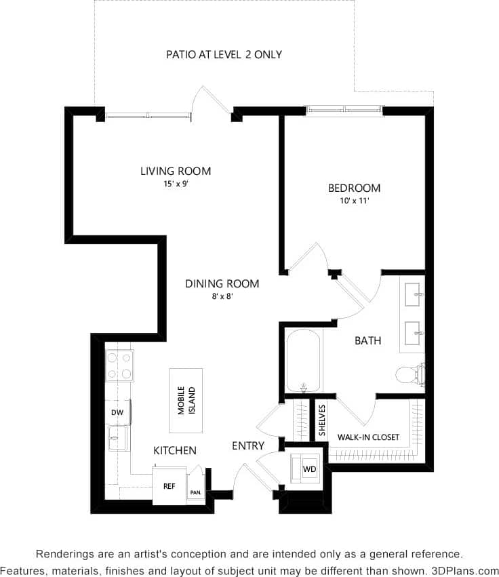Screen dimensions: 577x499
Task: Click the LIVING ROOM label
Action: pos(176,171)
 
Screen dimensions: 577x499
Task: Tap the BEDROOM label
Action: pos(354,188)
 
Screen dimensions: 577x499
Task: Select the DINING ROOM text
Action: pos(222,283)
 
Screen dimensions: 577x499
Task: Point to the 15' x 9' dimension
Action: pos(176,183)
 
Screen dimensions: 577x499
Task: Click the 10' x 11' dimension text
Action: pos(354,200)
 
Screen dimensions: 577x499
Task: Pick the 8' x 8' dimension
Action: pos(222,296)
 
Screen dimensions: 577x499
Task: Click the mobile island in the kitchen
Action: pos(186,401)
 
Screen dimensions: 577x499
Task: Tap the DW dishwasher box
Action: pos(117,412)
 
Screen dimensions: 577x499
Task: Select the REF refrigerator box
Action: pos(169,486)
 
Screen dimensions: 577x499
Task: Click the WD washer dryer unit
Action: pos(309,469)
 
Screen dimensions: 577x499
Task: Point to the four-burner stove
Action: pos(119,365)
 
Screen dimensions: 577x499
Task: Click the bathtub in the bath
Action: pos(302,361)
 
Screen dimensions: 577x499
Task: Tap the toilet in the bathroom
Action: pos(410,374)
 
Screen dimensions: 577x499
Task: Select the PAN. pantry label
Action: pos(195,492)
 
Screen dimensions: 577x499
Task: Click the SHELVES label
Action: pos(322,420)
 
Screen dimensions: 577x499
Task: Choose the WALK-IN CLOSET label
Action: pos(368,437)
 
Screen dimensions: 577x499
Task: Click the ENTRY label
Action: pos(248,445)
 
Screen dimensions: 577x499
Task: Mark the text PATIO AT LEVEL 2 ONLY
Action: pos(224,54)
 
